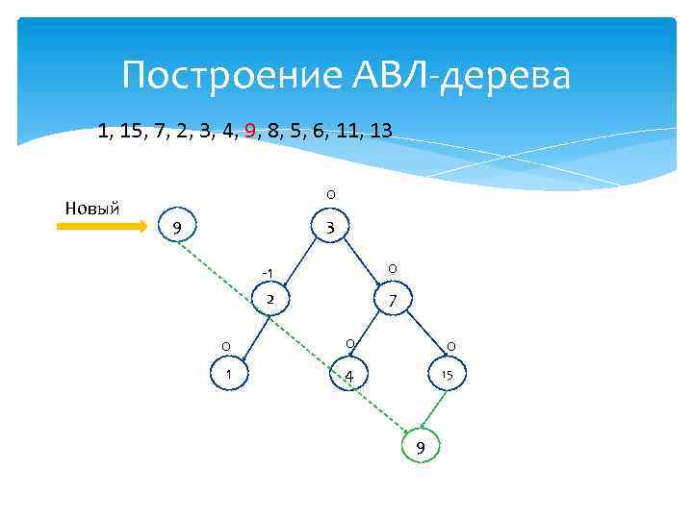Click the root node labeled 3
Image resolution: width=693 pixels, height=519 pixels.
(330, 229)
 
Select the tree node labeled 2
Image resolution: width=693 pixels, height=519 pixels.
(271, 301)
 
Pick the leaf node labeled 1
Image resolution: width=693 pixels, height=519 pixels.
(228, 373)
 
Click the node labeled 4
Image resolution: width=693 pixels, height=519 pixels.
(349, 375)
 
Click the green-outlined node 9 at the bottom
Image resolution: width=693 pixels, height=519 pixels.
(420, 447)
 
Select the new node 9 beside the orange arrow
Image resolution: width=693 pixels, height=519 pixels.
(174, 228)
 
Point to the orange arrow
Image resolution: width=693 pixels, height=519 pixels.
(100, 227)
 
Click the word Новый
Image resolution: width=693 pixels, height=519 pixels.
(91, 207)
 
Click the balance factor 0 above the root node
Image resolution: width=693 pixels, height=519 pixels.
(330, 195)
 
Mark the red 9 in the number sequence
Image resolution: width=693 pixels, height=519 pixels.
(250, 131)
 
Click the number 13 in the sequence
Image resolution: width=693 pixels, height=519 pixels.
(380, 131)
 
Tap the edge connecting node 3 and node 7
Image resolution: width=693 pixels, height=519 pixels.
(360, 265)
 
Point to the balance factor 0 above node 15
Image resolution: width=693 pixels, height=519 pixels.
(451, 346)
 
